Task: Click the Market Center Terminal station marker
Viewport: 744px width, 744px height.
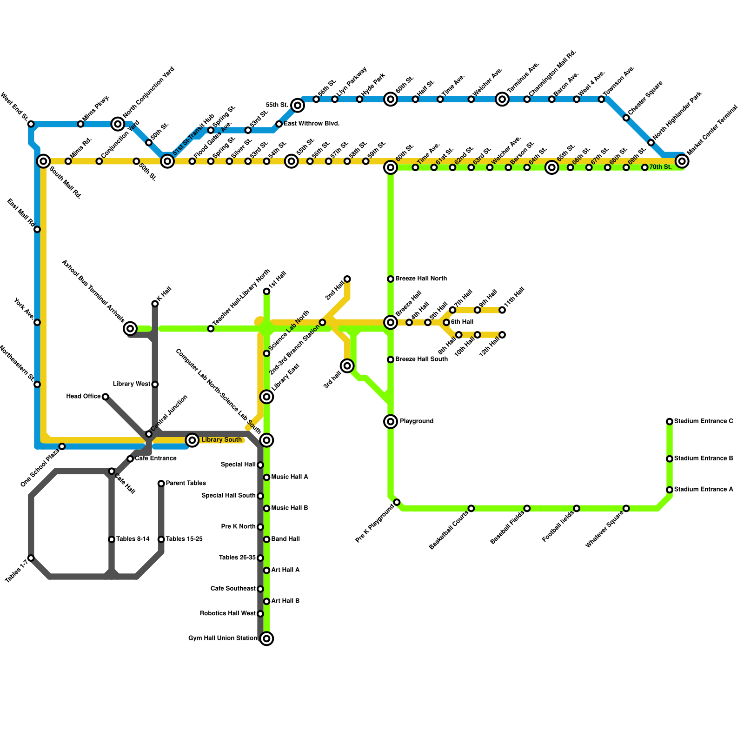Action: pos(682,161)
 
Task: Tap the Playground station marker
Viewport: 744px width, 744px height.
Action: pos(391,422)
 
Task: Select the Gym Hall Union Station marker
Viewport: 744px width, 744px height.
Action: pos(266,638)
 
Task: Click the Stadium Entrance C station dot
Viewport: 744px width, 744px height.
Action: pos(669,422)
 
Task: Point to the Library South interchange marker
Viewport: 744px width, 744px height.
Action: pos(192,440)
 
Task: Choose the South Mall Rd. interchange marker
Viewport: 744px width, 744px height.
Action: pos(43,161)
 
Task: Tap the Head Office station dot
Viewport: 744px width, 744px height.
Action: pos(106,397)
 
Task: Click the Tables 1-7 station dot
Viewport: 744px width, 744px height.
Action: pos(31,558)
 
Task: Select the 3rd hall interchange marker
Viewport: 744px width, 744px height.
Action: pos(347,366)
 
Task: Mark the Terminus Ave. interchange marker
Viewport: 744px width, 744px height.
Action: pos(502,99)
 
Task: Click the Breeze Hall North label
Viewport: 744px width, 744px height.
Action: pos(421,279)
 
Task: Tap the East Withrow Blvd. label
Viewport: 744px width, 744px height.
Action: pos(312,124)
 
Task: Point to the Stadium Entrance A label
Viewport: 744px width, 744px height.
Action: pos(703,489)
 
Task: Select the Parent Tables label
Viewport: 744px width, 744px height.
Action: pos(186,483)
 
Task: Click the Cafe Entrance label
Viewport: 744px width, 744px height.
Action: pos(156,458)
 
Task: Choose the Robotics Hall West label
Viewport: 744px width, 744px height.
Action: pos(227,613)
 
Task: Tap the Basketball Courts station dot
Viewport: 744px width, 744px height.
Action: pos(471,508)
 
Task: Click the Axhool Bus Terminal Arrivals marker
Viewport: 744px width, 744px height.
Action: pos(131,329)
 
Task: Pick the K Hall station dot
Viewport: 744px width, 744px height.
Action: pos(155,304)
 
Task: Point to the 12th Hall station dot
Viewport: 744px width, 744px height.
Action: pos(502,335)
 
